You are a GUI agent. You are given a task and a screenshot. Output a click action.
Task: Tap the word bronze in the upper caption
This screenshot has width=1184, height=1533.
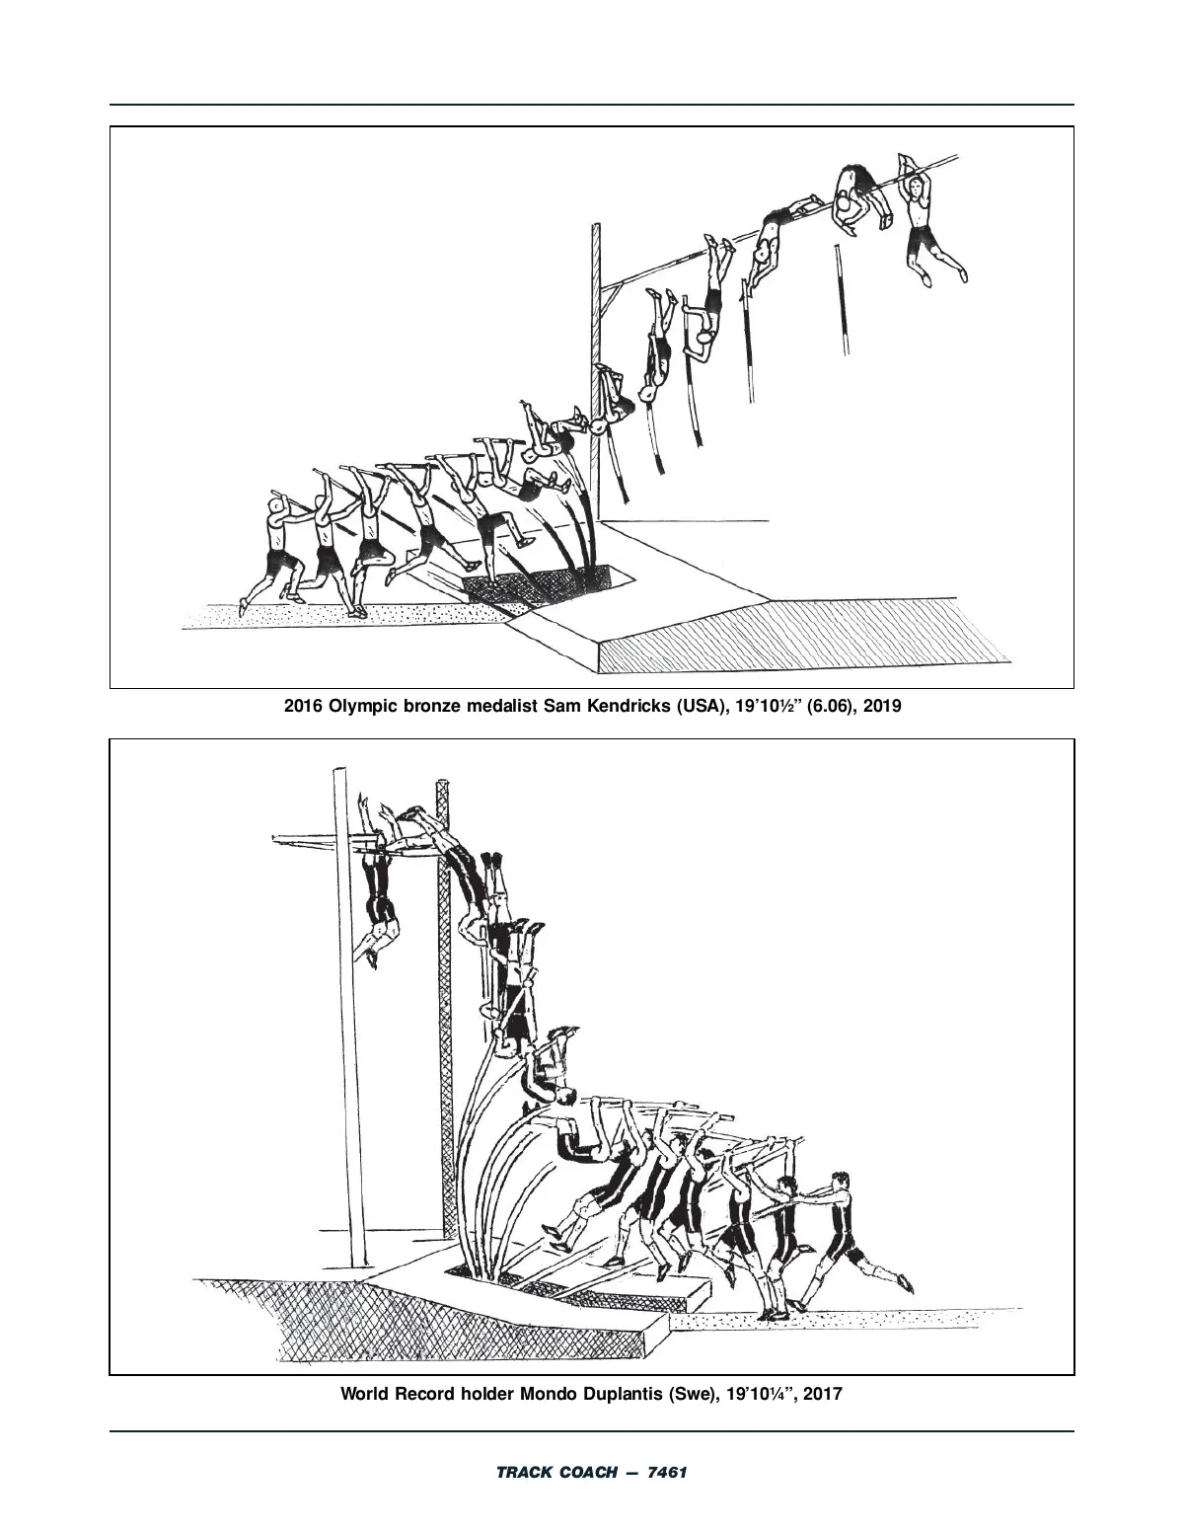(x=431, y=706)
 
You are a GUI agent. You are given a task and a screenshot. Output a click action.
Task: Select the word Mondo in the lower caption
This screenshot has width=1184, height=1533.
(x=548, y=1394)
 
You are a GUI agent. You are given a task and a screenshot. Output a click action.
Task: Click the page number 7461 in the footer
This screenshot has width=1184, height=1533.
(x=666, y=1473)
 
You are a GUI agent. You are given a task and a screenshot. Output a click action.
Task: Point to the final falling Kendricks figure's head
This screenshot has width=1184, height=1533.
(x=916, y=187)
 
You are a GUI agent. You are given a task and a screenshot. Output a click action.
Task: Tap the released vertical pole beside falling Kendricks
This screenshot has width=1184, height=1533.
(x=842, y=300)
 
